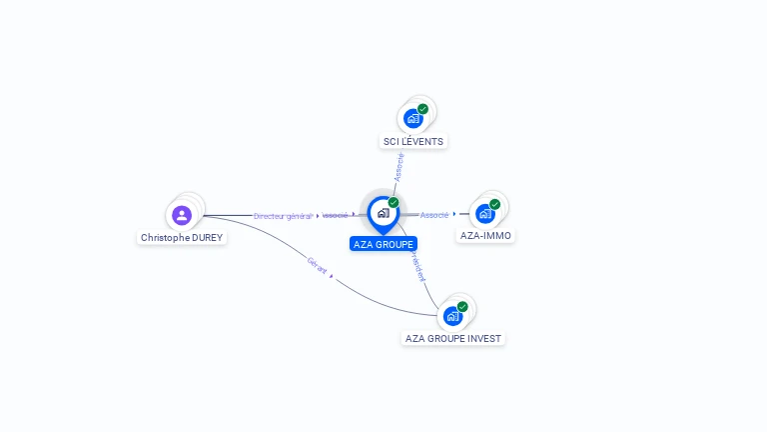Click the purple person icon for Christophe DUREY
[x=181, y=215]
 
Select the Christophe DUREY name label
[x=182, y=238]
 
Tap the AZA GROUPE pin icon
[x=383, y=213]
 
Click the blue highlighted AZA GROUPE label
[x=383, y=244]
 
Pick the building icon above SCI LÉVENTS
[x=412, y=119]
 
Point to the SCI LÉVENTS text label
[x=413, y=142]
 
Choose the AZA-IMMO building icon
[x=485, y=213]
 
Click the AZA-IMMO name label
[x=486, y=236]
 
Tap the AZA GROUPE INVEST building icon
[x=452, y=316]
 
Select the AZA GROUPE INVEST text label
[x=454, y=339]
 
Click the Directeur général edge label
[x=283, y=216]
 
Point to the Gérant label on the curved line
[x=318, y=265]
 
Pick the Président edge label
[x=417, y=265]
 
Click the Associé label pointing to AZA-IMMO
[x=434, y=215]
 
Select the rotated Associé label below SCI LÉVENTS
[x=399, y=166]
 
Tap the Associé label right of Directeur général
[x=336, y=215]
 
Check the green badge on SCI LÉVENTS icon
[x=422, y=109]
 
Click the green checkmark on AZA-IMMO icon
[x=494, y=204]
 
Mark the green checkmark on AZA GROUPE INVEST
[x=462, y=307]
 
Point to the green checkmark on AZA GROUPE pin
[x=393, y=203]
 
